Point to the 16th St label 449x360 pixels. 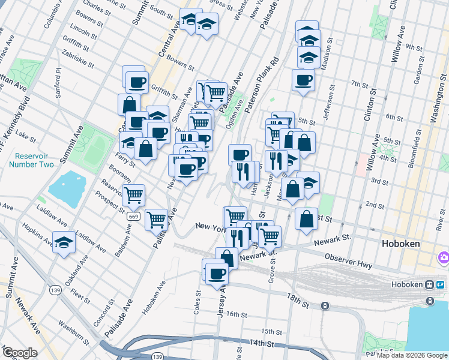point(237,314)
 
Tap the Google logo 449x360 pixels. point(20,352)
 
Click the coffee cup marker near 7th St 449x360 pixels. point(303,80)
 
